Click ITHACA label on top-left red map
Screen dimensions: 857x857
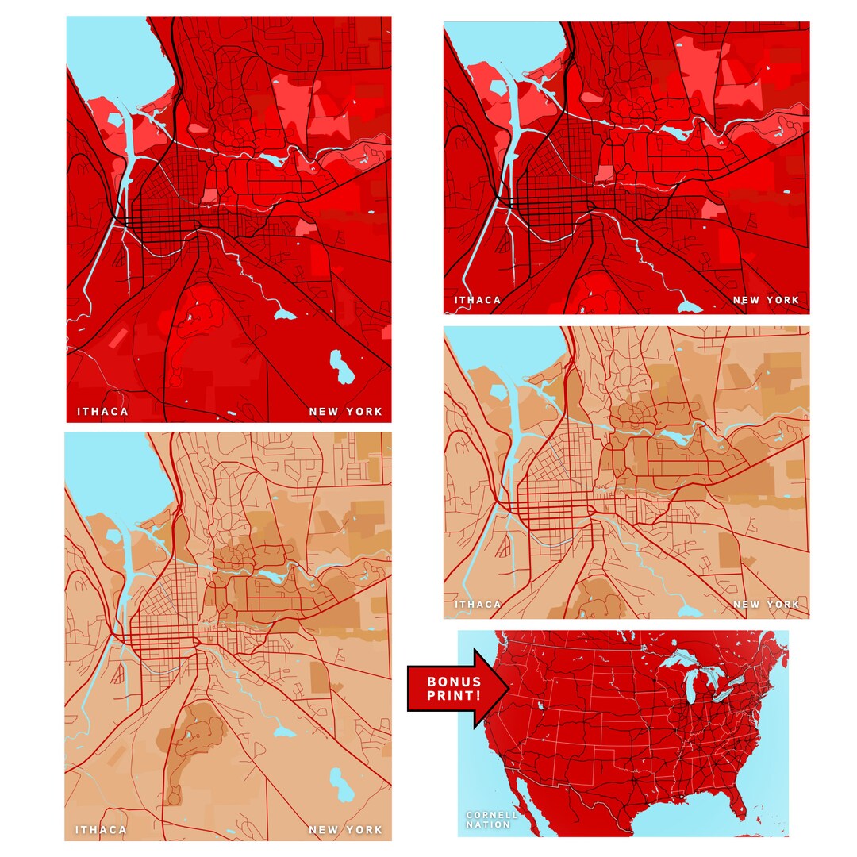[102, 412]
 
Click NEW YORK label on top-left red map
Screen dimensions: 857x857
[345, 412]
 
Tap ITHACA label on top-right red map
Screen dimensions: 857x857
[478, 300]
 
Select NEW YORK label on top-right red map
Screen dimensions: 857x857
[766, 300]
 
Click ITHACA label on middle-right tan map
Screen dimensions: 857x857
[478, 605]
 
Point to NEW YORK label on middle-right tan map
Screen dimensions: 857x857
[766, 605]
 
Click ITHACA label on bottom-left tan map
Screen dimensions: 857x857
[101, 830]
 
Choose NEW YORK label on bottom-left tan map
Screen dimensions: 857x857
[345, 830]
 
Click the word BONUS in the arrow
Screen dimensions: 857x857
[454, 682]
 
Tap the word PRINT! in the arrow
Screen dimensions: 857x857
[454, 695]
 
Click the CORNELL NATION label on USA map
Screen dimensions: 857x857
[492, 820]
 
